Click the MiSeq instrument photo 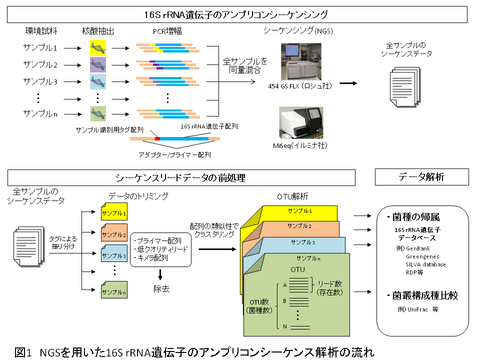point(301,122)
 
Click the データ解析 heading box point(421,177)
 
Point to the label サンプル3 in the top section point(40,80)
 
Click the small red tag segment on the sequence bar point(157,138)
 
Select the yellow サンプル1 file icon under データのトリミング point(114,213)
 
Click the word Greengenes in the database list point(422,256)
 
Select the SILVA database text point(425,264)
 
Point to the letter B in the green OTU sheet point(284,301)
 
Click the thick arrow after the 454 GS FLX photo point(348,83)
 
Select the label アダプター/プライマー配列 point(174,154)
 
